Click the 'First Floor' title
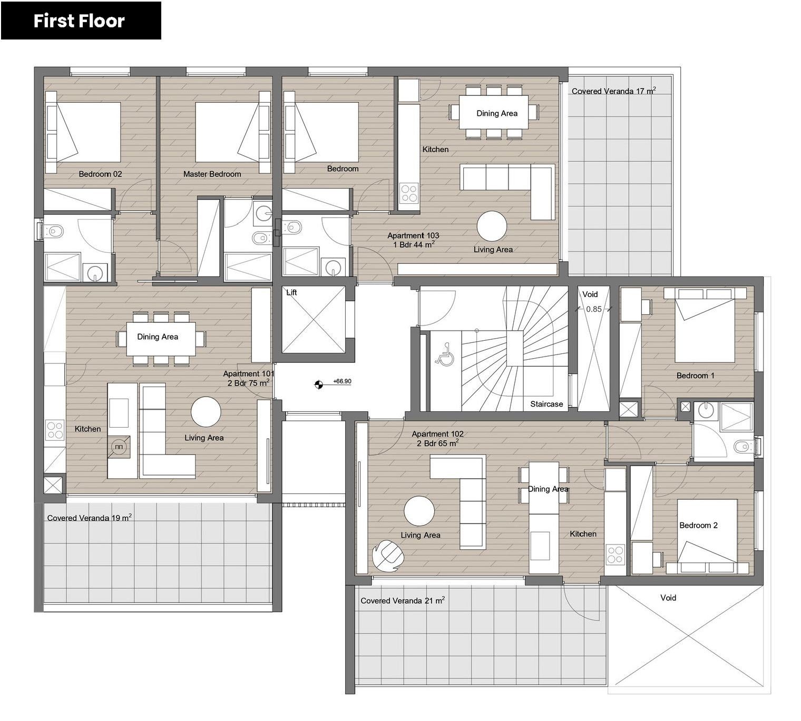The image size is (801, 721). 79,21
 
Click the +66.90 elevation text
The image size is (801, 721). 342,381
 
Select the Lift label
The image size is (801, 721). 291,293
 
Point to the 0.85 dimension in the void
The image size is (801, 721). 594,309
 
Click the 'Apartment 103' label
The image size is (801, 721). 413,235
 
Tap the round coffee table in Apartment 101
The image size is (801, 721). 206,412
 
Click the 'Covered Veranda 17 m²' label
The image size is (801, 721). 614,91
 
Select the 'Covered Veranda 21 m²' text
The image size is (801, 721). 403,600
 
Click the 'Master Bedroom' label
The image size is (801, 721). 212,174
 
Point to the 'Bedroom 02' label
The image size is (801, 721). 100,174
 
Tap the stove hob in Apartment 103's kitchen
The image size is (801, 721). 409,193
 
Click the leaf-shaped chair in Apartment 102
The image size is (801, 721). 388,556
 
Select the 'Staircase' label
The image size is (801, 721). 546,404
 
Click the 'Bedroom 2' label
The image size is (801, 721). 698,526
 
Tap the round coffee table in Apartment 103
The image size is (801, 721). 492,226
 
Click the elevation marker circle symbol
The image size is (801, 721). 319,385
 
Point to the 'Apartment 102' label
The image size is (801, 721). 437,433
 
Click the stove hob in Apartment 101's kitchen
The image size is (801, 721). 55,430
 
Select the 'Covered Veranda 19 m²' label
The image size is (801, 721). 90,518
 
